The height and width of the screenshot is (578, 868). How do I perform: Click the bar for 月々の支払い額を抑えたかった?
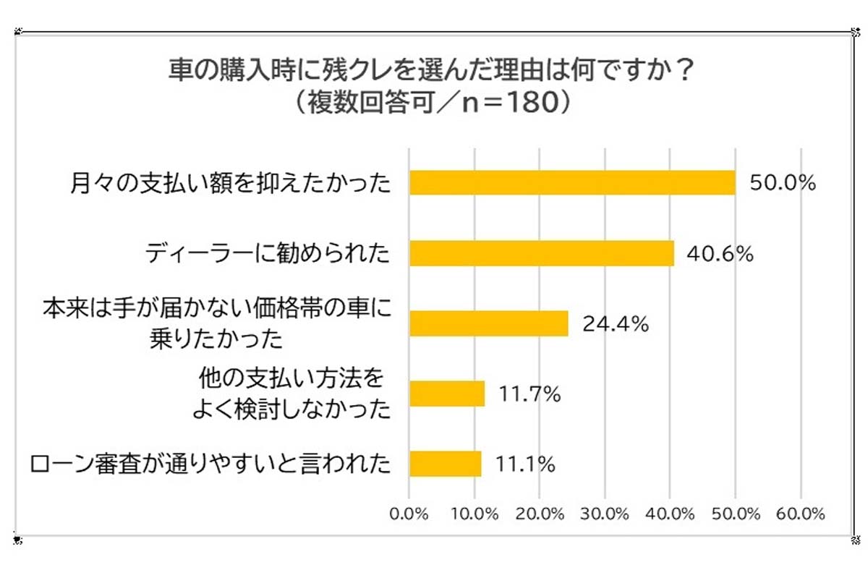tap(572, 183)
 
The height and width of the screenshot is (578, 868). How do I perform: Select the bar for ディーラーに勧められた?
tap(542, 254)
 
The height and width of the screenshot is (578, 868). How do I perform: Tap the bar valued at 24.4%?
tap(489, 324)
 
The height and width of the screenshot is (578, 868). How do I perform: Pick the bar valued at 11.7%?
tap(447, 394)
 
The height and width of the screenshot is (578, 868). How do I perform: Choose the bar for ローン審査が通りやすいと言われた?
tap(446, 464)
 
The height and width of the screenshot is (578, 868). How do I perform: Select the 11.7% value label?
tap(529, 394)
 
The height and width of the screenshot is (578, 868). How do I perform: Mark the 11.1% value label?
tap(525, 464)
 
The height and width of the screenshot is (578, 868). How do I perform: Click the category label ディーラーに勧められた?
tap(267, 254)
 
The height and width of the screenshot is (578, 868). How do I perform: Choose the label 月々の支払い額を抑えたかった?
tap(232, 183)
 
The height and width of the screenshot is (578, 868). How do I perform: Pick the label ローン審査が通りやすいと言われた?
tap(210, 464)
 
